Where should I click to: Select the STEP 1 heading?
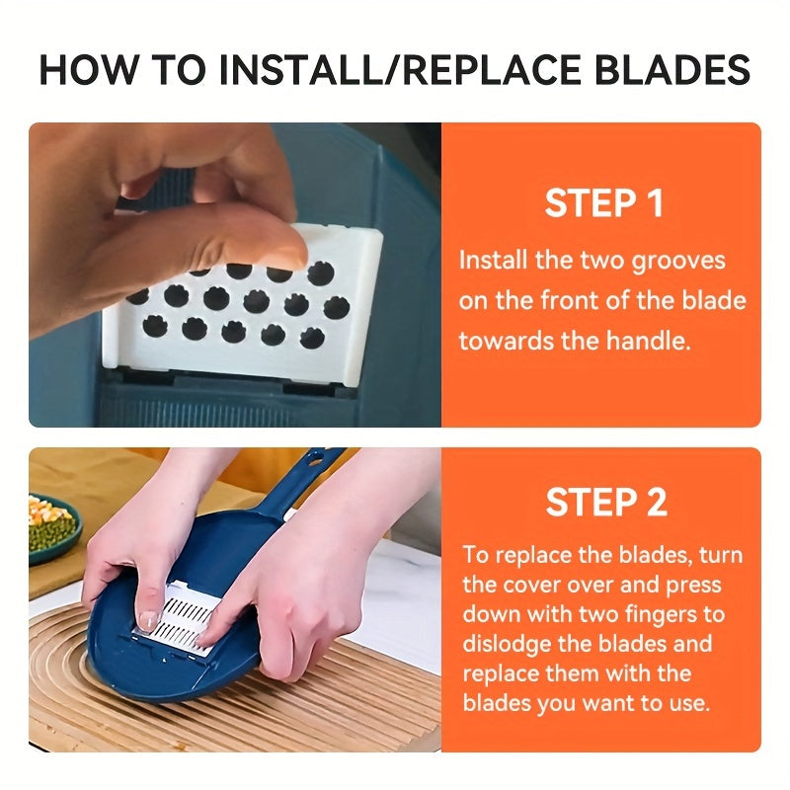click(603, 203)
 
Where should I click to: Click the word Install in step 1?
click(493, 261)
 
